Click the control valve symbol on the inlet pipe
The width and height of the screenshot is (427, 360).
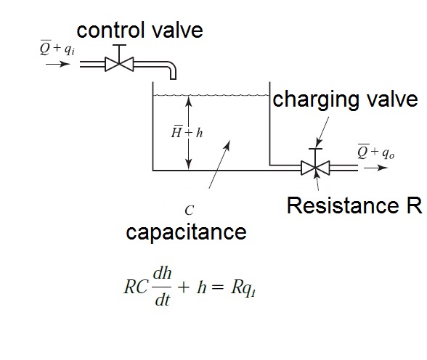117,64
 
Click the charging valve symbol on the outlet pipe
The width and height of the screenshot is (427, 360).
314,168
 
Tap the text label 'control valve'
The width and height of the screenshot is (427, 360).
139,30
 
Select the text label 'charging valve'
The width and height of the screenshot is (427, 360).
345,99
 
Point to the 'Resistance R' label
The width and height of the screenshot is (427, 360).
354,205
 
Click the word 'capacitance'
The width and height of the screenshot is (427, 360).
186,232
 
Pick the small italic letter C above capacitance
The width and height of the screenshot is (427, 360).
189,210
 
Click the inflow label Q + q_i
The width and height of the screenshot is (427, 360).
55,49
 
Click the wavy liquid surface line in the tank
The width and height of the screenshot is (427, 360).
211,94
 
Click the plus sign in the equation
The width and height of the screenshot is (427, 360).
184,287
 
